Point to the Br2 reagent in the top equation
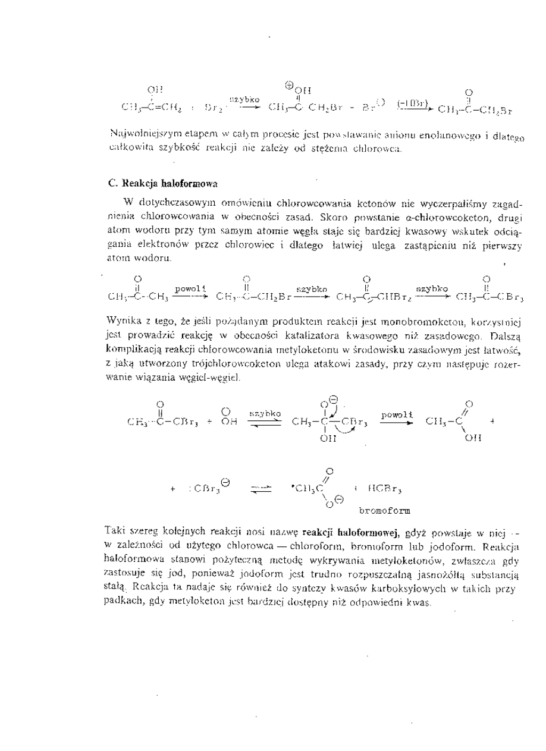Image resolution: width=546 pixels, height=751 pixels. coord(211,109)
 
